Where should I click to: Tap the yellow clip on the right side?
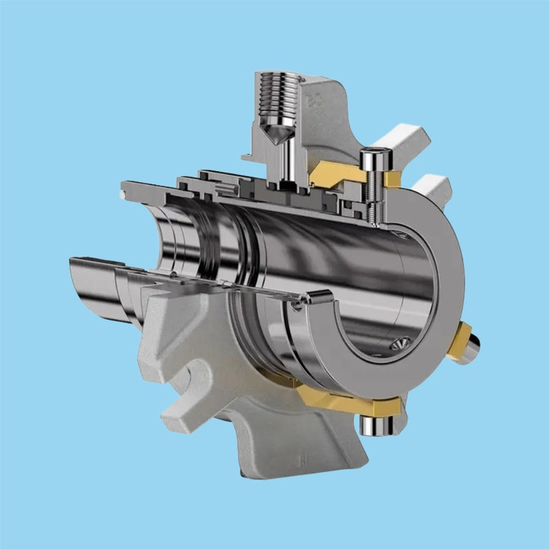tap(459, 341)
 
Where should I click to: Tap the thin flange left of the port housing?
tap(250, 158)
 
